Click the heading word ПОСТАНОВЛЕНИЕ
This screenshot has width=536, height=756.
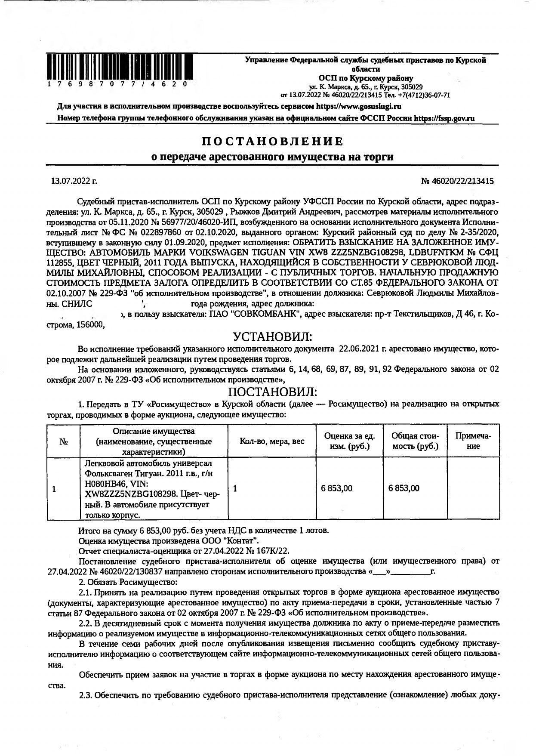click(273, 141)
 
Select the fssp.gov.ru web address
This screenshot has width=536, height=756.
click(444, 118)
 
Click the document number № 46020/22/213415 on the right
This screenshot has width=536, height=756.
click(457, 181)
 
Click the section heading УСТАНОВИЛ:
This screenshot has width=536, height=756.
click(272, 336)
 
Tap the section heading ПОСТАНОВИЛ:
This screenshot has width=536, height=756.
click(272, 392)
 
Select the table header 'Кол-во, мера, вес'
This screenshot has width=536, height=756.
click(272, 441)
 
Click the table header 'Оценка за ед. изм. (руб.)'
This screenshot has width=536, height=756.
click(349, 441)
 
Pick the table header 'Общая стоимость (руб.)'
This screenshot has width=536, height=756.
click(415, 441)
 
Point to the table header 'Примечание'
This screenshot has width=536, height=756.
click(473, 441)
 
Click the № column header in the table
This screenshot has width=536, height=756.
click(63, 442)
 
